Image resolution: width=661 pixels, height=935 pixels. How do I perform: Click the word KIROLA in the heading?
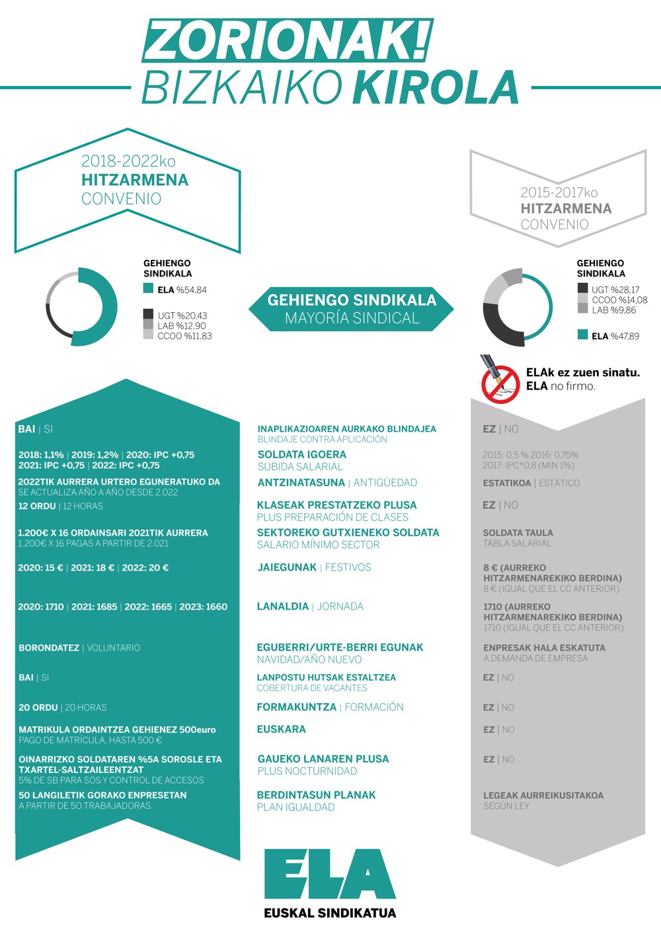pyautogui.click(x=436, y=87)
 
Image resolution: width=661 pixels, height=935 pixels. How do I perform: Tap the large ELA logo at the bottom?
pyautogui.click(x=330, y=874)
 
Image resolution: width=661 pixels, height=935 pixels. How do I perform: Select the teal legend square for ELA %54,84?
pyautogui.click(x=149, y=289)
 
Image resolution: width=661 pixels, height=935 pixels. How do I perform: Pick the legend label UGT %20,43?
pyautogui.click(x=182, y=315)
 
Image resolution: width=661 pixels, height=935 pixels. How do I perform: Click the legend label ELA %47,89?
pyautogui.click(x=615, y=336)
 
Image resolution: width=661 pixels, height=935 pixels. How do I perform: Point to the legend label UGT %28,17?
pyautogui.click(x=615, y=289)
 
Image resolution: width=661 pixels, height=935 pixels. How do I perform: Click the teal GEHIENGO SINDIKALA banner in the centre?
pyautogui.click(x=352, y=309)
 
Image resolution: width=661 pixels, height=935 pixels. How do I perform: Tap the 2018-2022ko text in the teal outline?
pyautogui.click(x=128, y=161)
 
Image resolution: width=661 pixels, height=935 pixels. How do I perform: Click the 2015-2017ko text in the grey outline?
pyautogui.click(x=559, y=192)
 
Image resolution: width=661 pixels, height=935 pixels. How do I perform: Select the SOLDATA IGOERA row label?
pyautogui.click(x=301, y=454)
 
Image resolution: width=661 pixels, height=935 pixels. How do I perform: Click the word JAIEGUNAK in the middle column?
pyautogui.click(x=287, y=567)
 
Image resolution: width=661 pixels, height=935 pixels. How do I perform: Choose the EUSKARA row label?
pyautogui.click(x=282, y=729)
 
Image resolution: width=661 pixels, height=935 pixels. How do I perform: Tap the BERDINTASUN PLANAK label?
pyautogui.click(x=316, y=795)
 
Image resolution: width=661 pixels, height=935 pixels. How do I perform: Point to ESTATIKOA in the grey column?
pyautogui.click(x=506, y=483)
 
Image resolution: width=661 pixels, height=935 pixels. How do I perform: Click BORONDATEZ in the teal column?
pyautogui.click(x=49, y=648)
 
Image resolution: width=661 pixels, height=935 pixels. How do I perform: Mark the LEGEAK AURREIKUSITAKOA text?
pyautogui.click(x=543, y=795)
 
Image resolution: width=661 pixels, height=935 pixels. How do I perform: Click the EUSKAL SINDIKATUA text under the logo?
pyautogui.click(x=330, y=913)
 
